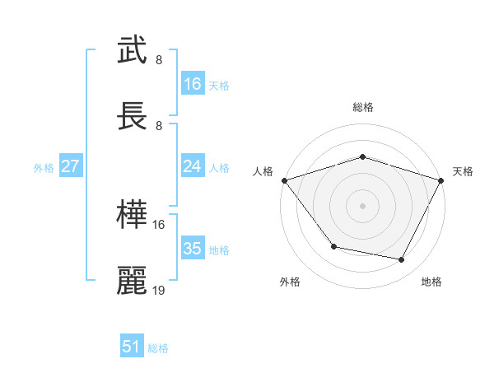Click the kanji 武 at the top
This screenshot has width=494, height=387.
coord(133,51)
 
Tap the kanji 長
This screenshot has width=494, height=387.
coord(133,118)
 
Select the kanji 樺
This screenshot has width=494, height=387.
coord(133,216)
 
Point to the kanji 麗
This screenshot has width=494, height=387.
coord(133,281)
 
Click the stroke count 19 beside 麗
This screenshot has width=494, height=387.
coord(159,290)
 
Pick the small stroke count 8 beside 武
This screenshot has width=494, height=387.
coord(159,60)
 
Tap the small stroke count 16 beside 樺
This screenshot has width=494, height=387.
coord(159,224)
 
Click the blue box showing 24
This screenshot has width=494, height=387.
coord(193,166)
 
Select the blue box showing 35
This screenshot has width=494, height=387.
coord(193,249)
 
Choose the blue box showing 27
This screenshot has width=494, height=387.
coord(70,166)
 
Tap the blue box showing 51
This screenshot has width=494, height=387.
coord(132,347)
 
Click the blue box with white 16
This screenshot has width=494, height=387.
coord(193,84)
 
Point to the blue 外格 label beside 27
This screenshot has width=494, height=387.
coord(44,167)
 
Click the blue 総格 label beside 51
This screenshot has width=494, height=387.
coord(158,348)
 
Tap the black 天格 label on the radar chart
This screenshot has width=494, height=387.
coord(463,171)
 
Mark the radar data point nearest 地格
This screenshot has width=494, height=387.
coord(402,260)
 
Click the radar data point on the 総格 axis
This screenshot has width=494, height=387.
coord(362,156)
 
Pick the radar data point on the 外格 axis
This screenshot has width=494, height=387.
coord(333,246)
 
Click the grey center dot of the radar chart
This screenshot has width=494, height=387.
coord(362,205)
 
